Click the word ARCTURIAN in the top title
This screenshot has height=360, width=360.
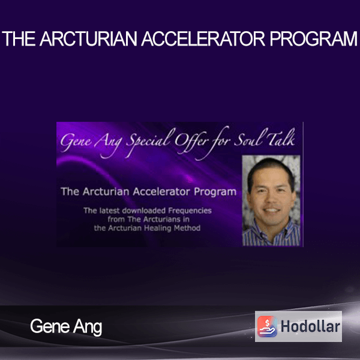click(88, 38)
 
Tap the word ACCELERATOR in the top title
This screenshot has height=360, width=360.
click(203, 38)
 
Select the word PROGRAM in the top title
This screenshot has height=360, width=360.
click(313, 38)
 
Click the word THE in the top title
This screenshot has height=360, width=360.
click(19, 38)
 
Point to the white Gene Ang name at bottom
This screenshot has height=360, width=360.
click(66, 327)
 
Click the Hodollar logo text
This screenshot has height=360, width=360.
click(310, 326)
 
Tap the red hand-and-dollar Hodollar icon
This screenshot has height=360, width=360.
click(267, 326)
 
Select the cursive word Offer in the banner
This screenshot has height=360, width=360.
click(191, 140)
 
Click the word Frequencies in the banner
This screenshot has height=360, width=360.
click(190, 211)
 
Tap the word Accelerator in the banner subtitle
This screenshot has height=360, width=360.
click(161, 192)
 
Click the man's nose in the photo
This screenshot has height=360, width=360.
click(272, 199)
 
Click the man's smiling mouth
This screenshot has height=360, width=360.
click(271, 210)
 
